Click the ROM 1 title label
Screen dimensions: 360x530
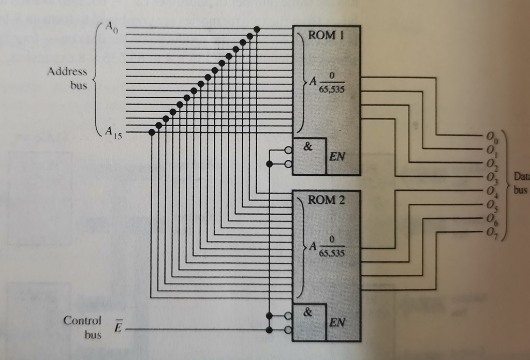coord(326,36)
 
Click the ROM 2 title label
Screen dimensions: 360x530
coord(326,200)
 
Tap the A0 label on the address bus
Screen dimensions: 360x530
coord(112,28)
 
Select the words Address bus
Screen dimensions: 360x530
coord(68,78)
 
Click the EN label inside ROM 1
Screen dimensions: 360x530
coord(336,157)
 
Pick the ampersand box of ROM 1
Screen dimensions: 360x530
coord(309,155)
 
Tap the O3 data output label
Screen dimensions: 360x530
coord(491,177)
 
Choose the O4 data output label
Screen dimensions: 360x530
coord(491,191)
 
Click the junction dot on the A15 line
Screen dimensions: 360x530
coord(152,132)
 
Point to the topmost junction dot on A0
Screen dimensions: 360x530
coord(257,29)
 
